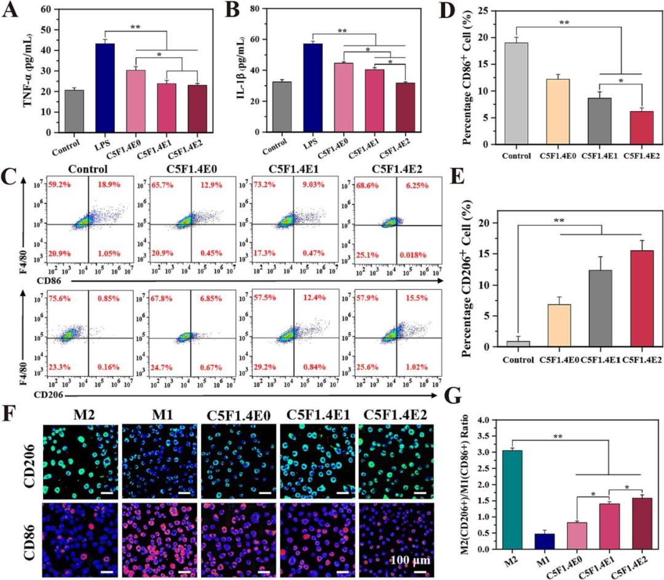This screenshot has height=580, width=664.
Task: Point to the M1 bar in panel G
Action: tap(544, 541)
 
